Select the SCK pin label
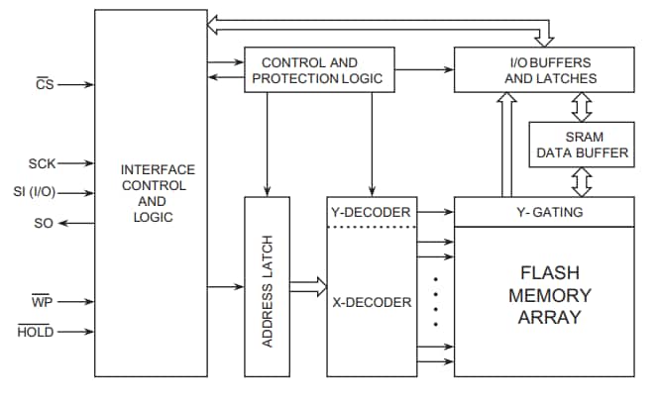42,163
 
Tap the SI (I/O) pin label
34,193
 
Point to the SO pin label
43,224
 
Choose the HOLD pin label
36,332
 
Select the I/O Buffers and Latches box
543,70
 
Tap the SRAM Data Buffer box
582,145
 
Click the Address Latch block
268,286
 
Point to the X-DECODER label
371,302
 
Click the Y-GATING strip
543,211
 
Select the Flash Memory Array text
543,295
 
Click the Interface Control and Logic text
152,193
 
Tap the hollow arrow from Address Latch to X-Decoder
308,287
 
